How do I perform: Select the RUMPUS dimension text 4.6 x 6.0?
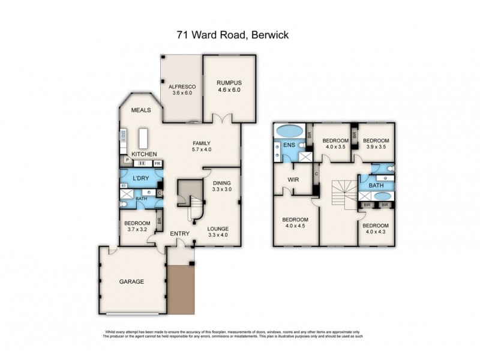pos(228,90)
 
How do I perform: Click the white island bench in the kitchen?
pos(144,139)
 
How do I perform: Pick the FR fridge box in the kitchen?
pos(157,163)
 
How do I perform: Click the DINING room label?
pos(221,182)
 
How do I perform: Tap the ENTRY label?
pos(179,233)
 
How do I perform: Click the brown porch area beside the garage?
pos(181,291)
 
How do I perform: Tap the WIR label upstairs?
pos(294,179)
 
